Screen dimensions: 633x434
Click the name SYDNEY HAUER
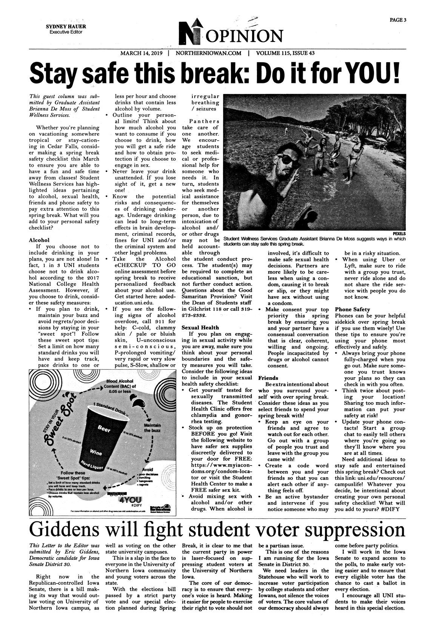click(66, 27)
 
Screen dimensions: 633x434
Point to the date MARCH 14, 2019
click(141, 53)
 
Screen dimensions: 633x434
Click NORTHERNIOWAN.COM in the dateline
click(208, 53)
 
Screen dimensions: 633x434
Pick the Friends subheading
click(268, 378)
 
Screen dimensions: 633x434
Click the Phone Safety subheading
click(352, 309)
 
